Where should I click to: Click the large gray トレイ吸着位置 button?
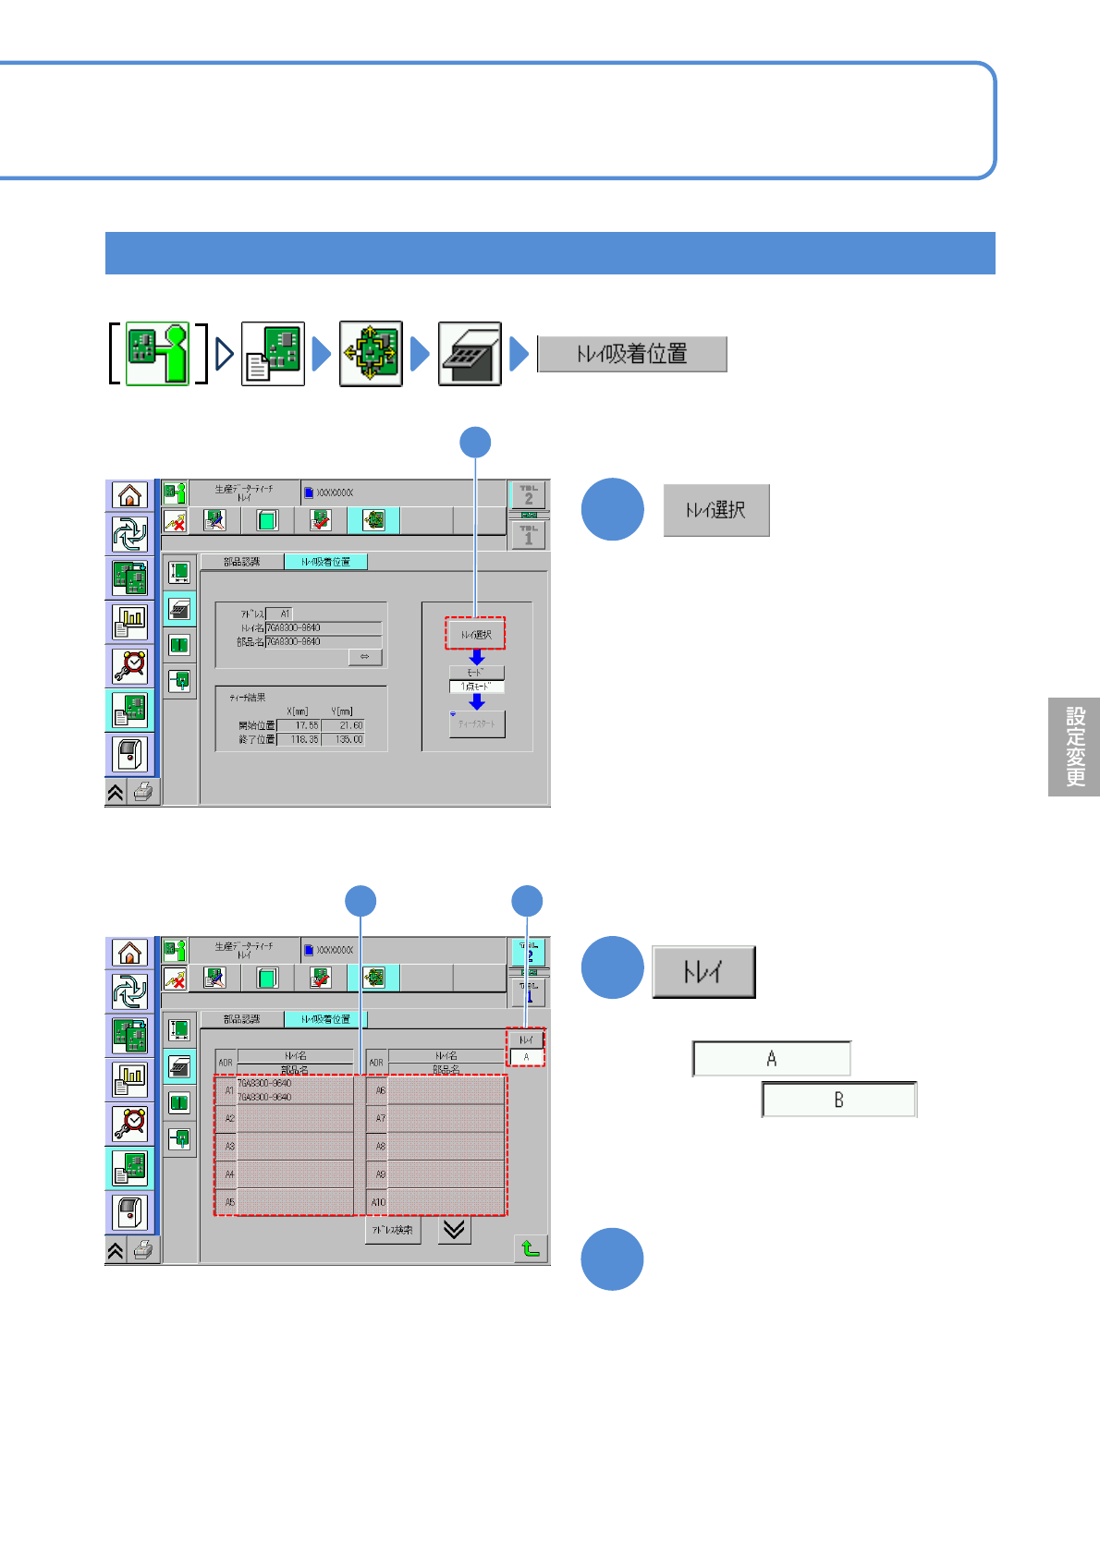pyautogui.click(x=632, y=354)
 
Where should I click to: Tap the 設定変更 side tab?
pyautogui.click(x=1074, y=747)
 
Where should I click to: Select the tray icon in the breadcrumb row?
pyautogui.click(x=470, y=354)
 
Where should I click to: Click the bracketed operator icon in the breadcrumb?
pyautogui.click(x=157, y=354)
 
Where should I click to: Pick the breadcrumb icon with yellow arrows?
pyautogui.click(x=371, y=354)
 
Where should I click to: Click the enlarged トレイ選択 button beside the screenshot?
pyautogui.click(x=716, y=510)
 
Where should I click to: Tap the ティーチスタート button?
pyautogui.click(x=477, y=723)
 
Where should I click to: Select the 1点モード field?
pyautogui.click(x=477, y=687)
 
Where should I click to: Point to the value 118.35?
pyautogui.click(x=299, y=739)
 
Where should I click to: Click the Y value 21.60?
pyautogui.click(x=345, y=725)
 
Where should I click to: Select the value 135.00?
pyautogui.click(x=345, y=739)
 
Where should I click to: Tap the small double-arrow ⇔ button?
pyautogui.click(x=365, y=656)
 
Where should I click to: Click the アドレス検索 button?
pyautogui.click(x=393, y=1230)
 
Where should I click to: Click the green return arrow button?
pyautogui.click(x=531, y=1248)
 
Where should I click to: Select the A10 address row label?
pyautogui.click(x=378, y=1202)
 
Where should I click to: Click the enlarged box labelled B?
pyautogui.click(x=839, y=1100)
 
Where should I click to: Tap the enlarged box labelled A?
pyautogui.click(x=772, y=1059)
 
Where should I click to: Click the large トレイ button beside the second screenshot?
pyautogui.click(x=703, y=972)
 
